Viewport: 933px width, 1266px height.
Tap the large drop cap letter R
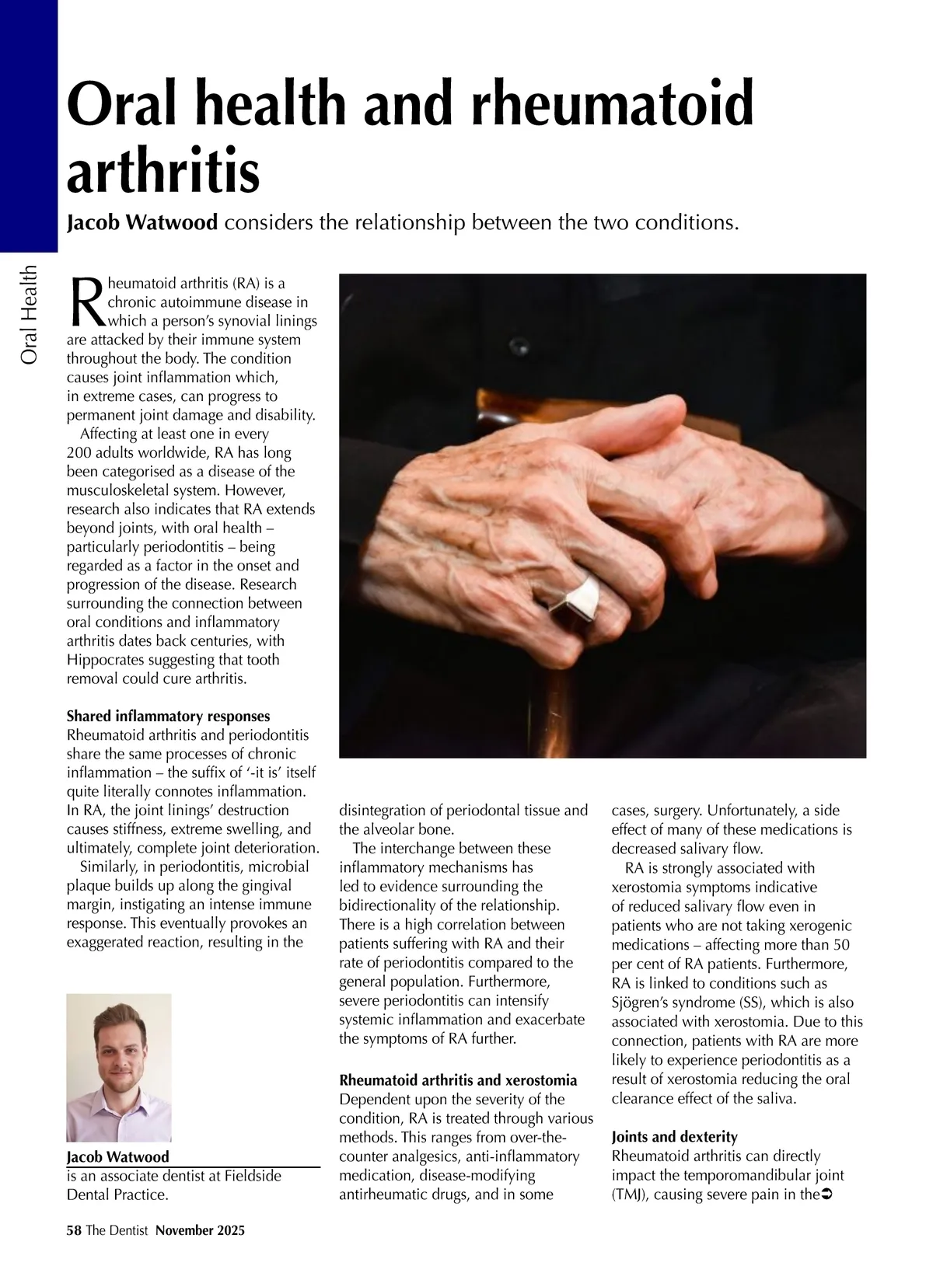point(86,302)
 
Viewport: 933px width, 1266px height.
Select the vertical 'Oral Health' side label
point(30,315)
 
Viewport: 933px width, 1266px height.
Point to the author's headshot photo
point(119,1067)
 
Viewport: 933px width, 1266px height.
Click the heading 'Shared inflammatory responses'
point(169,716)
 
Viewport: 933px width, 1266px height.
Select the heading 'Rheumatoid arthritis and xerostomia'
point(458,1080)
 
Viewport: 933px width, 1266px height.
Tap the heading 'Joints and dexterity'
point(674,1137)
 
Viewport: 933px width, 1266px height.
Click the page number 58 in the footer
point(74,1230)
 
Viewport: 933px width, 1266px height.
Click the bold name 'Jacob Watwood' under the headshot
point(117,1156)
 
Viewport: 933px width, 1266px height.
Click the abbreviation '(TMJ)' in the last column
point(631,1195)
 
